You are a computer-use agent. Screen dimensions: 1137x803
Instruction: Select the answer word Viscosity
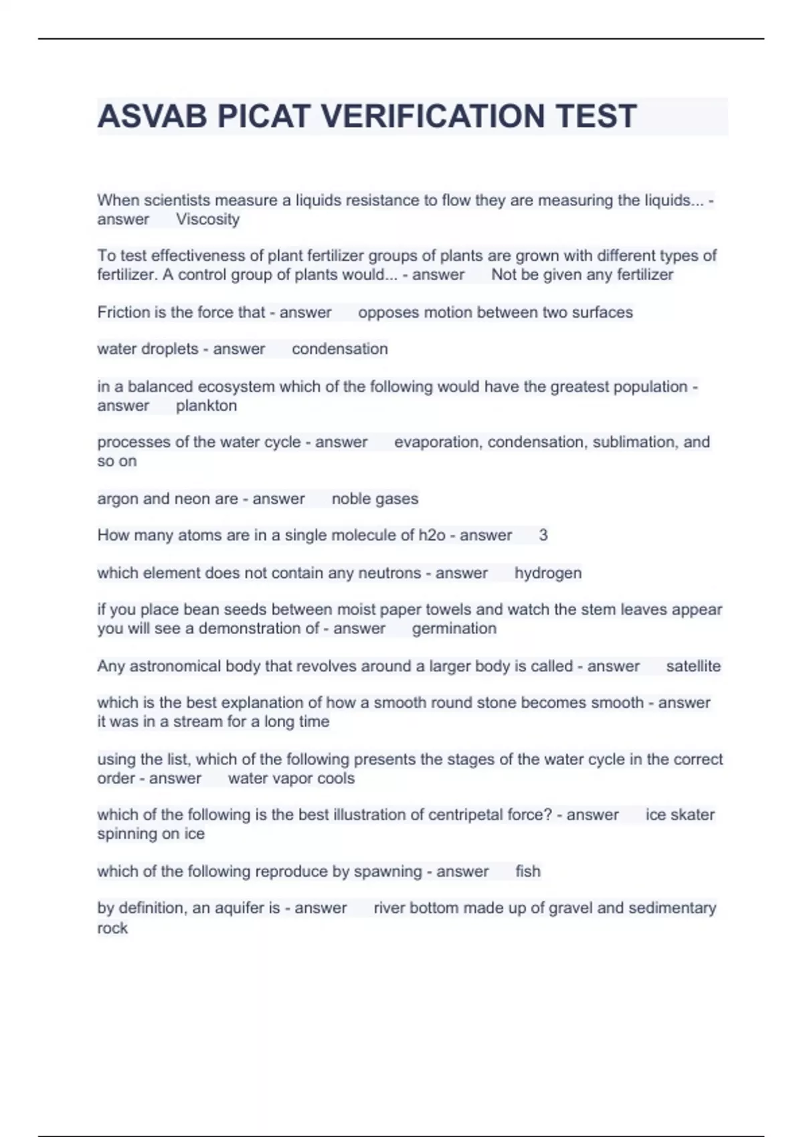point(207,219)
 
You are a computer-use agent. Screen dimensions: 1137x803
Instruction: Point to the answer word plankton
point(206,406)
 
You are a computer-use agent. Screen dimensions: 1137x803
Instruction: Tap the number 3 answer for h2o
point(543,535)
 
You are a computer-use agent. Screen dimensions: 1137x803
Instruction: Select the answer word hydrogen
point(547,573)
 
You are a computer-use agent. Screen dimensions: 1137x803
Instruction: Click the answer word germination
point(454,629)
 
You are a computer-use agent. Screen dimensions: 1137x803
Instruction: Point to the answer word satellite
point(693,666)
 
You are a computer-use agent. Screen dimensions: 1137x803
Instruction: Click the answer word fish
point(527,871)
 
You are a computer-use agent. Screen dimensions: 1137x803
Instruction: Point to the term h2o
point(432,535)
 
